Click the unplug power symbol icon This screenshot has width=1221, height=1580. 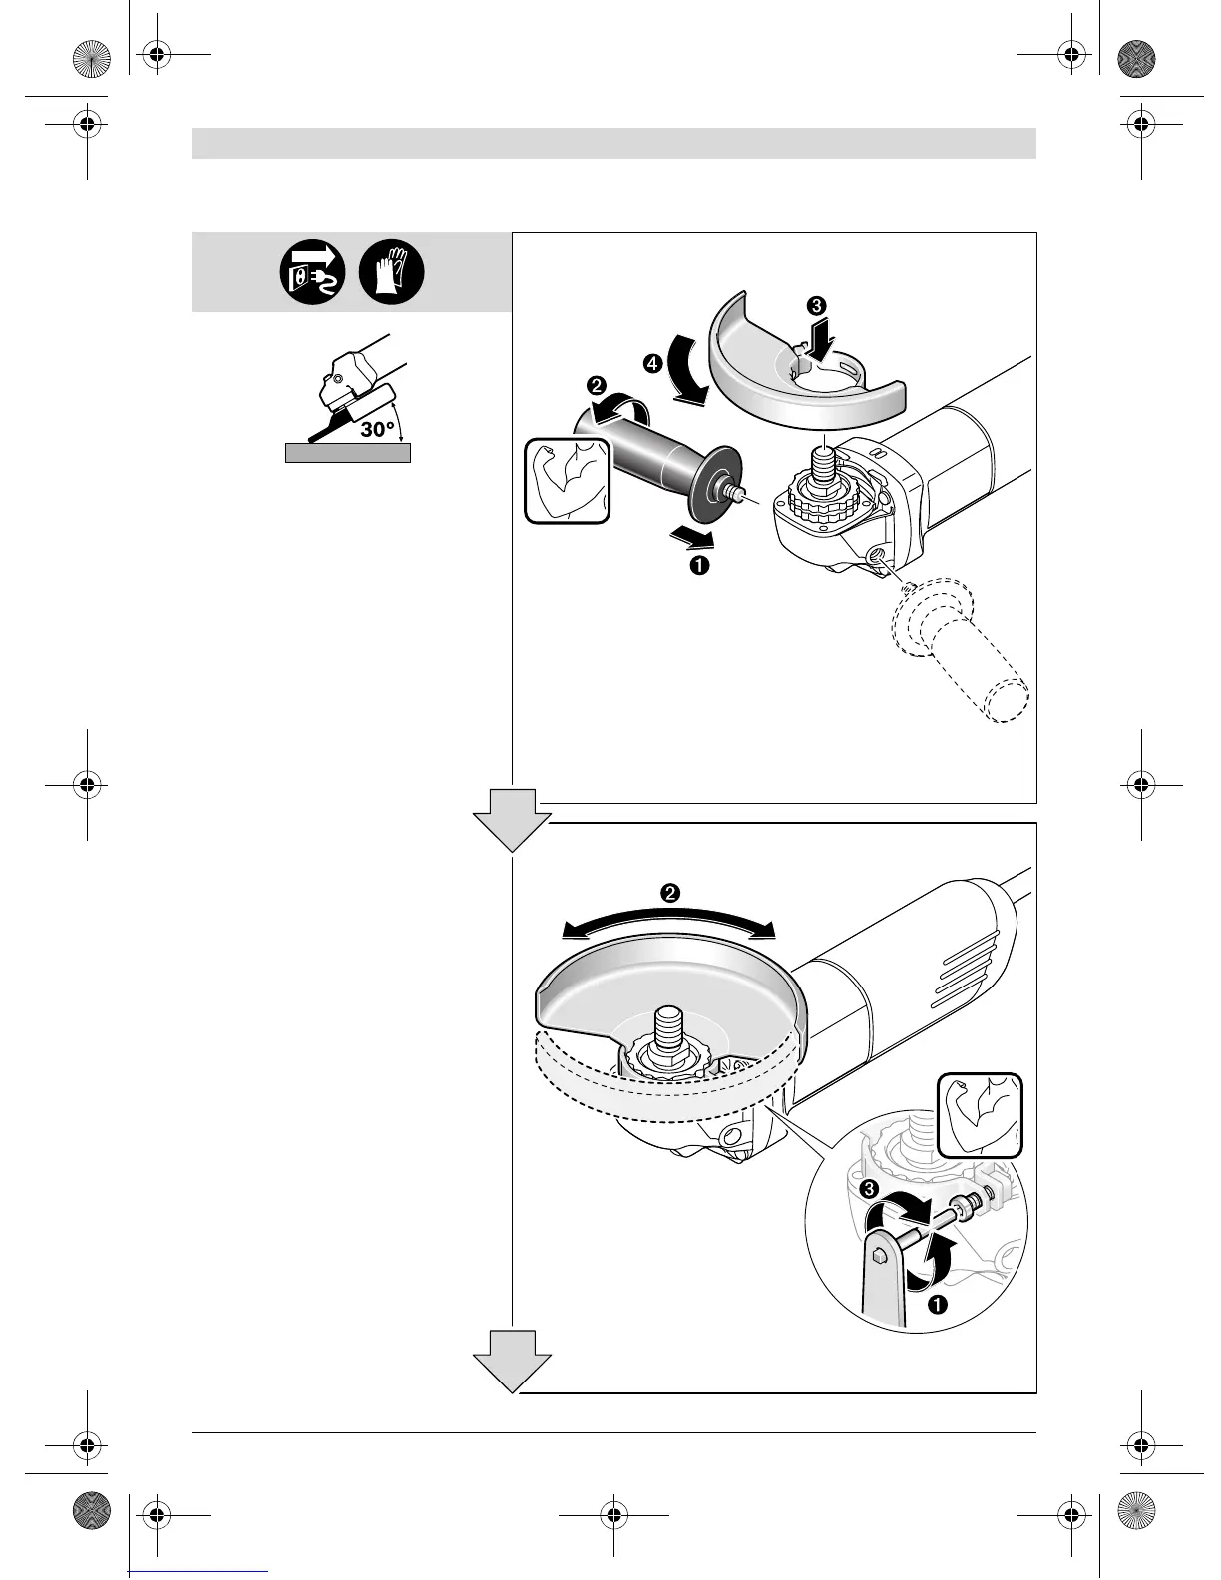pyautogui.click(x=313, y=272)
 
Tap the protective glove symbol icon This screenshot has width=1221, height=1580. pyautogui.click(x=392, y=272)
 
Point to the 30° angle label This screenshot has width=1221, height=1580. pyautogui.click(x=378, y=428)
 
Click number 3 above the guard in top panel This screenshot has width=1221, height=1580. pyautogui.click(x=818, y=306)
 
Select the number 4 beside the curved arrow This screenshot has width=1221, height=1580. pyautogui.click(x=652, y=366)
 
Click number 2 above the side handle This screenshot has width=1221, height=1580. pyautogui.click(x=596, y=386)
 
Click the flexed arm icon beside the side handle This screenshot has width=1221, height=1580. pyautogui.click(x=568, y=481)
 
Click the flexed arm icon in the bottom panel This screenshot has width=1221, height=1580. pyautogui.click(x=981, y=1115)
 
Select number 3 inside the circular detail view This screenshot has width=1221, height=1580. pyautogui.click(x=870, y=1189)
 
